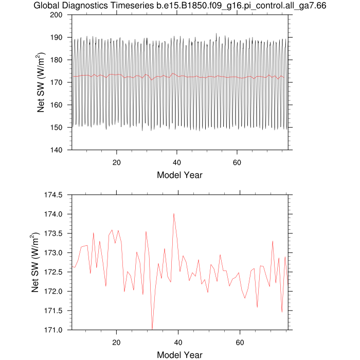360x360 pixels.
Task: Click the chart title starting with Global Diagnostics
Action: tap(180, 6)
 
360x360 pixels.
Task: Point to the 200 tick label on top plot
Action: tap(56, 15)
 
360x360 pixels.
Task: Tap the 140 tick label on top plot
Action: tap(56, 150)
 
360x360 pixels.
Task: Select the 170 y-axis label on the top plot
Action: tap(56, 82)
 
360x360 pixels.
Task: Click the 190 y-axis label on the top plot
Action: tap(56, 38)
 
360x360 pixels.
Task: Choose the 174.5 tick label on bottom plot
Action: tap(53, 195)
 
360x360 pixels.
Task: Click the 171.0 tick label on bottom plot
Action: tap(53, 330)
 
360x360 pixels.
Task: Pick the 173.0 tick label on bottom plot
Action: tap(53, 253)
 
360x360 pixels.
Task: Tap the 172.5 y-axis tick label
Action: tap(53, 272)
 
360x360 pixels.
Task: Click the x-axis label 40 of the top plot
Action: tap(177, 163)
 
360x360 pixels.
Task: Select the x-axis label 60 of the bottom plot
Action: tap(240, 343)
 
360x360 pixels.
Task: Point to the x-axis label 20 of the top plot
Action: tap(117, 163)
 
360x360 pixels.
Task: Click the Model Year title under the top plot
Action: tap(180, 175)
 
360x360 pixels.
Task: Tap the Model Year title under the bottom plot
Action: tap(180, 355)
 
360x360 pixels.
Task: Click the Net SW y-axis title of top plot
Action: tap(41, 82)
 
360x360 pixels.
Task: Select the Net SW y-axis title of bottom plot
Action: tap(35, 262)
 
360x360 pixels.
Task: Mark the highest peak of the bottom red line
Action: tap(174, 214)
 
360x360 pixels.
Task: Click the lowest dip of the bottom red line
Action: tap(152, 329)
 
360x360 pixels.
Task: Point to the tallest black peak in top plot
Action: tap(216, 33)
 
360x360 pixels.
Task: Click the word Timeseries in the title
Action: tap(132, 6)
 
